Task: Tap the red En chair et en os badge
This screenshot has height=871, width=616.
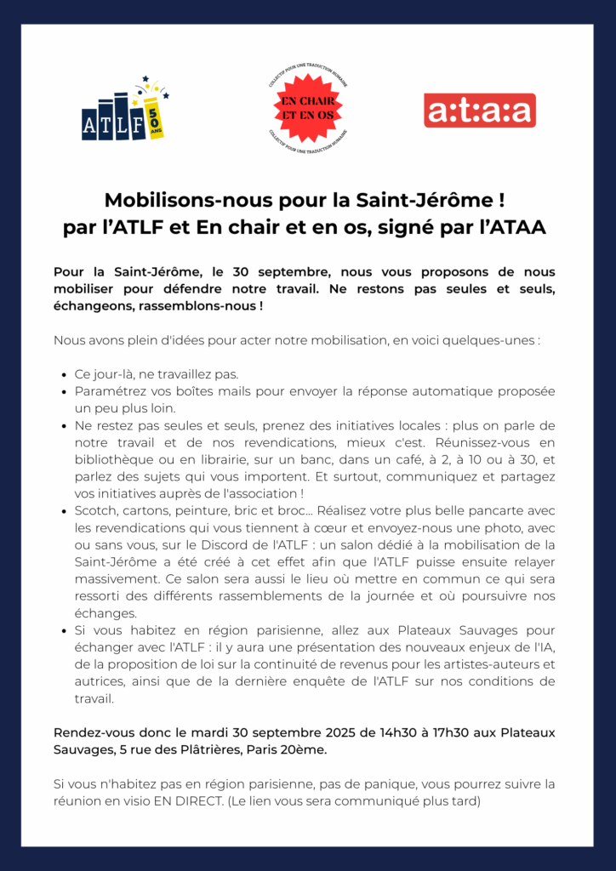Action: point(307,108)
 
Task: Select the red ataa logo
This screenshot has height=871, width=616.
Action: point(479,111)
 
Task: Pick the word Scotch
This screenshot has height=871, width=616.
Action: point(96,510)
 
